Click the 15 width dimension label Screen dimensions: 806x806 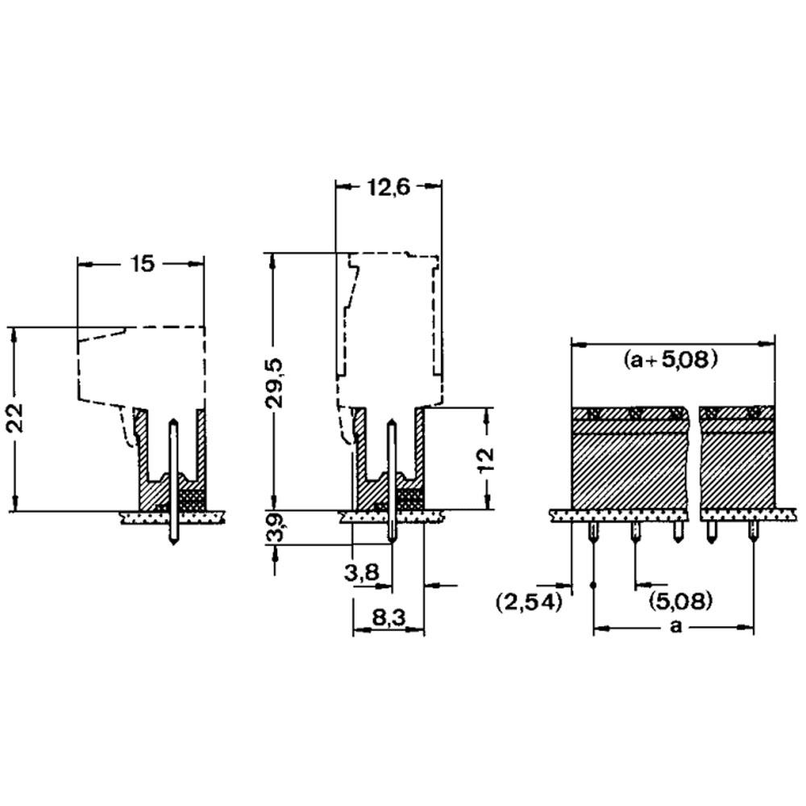142,264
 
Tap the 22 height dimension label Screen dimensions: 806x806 15,418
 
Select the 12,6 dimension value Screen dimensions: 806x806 388,188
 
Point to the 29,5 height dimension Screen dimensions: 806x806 276,383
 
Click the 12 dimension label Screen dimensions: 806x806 485,459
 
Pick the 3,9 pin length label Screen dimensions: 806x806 276,529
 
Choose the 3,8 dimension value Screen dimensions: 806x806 362,571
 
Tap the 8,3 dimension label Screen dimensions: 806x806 388,618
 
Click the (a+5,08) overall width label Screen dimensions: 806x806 671,359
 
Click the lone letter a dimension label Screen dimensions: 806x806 676,626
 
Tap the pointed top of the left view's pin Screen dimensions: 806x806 174,421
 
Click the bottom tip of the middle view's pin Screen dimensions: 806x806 393,542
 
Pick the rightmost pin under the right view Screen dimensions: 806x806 754,532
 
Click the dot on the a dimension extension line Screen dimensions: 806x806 594,585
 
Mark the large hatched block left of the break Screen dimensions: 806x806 629,457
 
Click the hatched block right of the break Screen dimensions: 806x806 738,457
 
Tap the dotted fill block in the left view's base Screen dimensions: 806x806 193,497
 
